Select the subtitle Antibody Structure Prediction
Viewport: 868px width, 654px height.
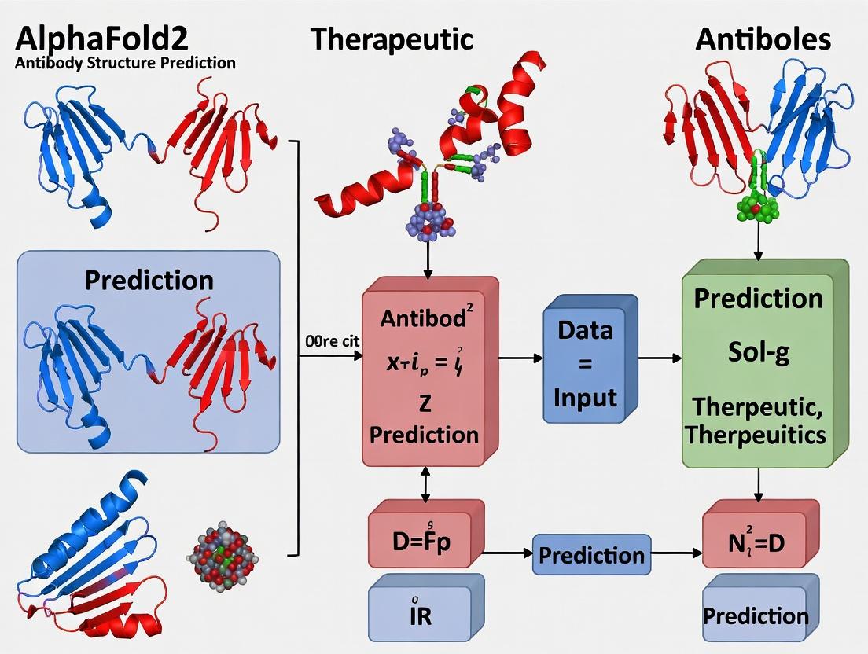(x=124, y=63)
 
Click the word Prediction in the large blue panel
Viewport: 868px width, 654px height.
(x=149, y=280)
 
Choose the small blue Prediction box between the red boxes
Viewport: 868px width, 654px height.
(x=591, y=555)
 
